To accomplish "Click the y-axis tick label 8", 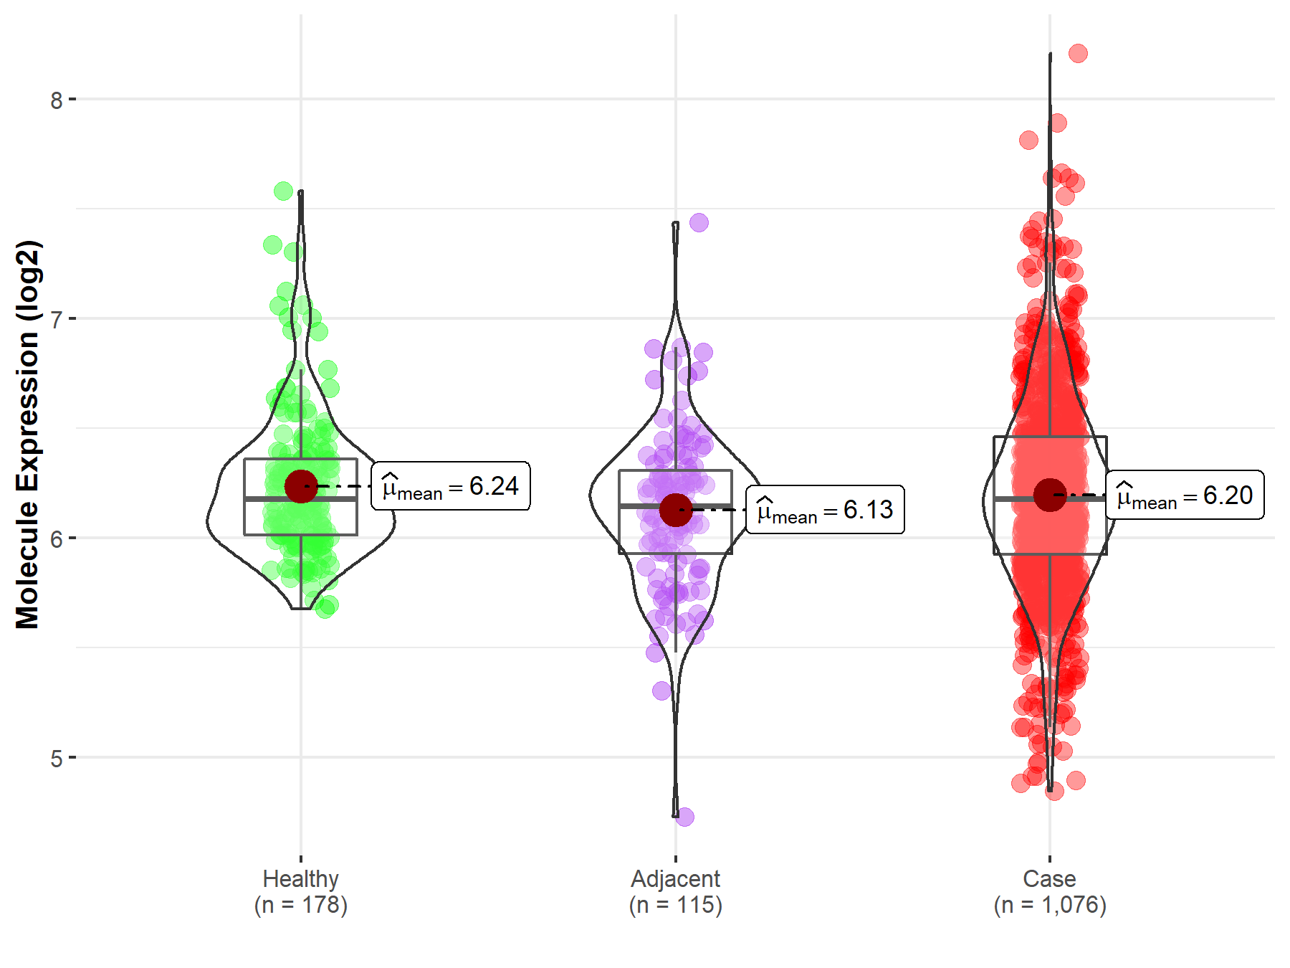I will tap(57, 100).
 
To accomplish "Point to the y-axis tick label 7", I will tap(57, 320).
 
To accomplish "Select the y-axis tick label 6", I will tap(57, 539).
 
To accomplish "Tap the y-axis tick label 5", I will tap(57, 759).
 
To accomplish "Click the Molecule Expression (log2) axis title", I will tap(27, 435).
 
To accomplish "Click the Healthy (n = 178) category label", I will tap(300, 891).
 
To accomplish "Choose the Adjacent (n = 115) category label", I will tap(675, 891).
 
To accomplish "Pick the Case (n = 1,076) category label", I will tap(1050, 891).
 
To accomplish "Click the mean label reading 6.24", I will tap(451, 486).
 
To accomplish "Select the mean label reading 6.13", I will tap(825, 510).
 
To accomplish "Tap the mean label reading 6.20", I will tap(1185, 495).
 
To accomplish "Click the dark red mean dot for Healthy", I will tap(301, 486).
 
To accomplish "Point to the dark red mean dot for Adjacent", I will tap(675, 510).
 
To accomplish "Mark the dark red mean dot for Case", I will tap(1050, 495).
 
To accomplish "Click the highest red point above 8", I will tap(1078, 53).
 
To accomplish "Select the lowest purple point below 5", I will tap(684, 817).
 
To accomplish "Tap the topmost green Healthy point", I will tap(283, 191).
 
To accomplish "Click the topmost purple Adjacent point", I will tap(699, 222).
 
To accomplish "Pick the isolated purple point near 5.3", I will tap(661, 691).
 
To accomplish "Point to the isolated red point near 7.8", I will tap(1028, 140).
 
